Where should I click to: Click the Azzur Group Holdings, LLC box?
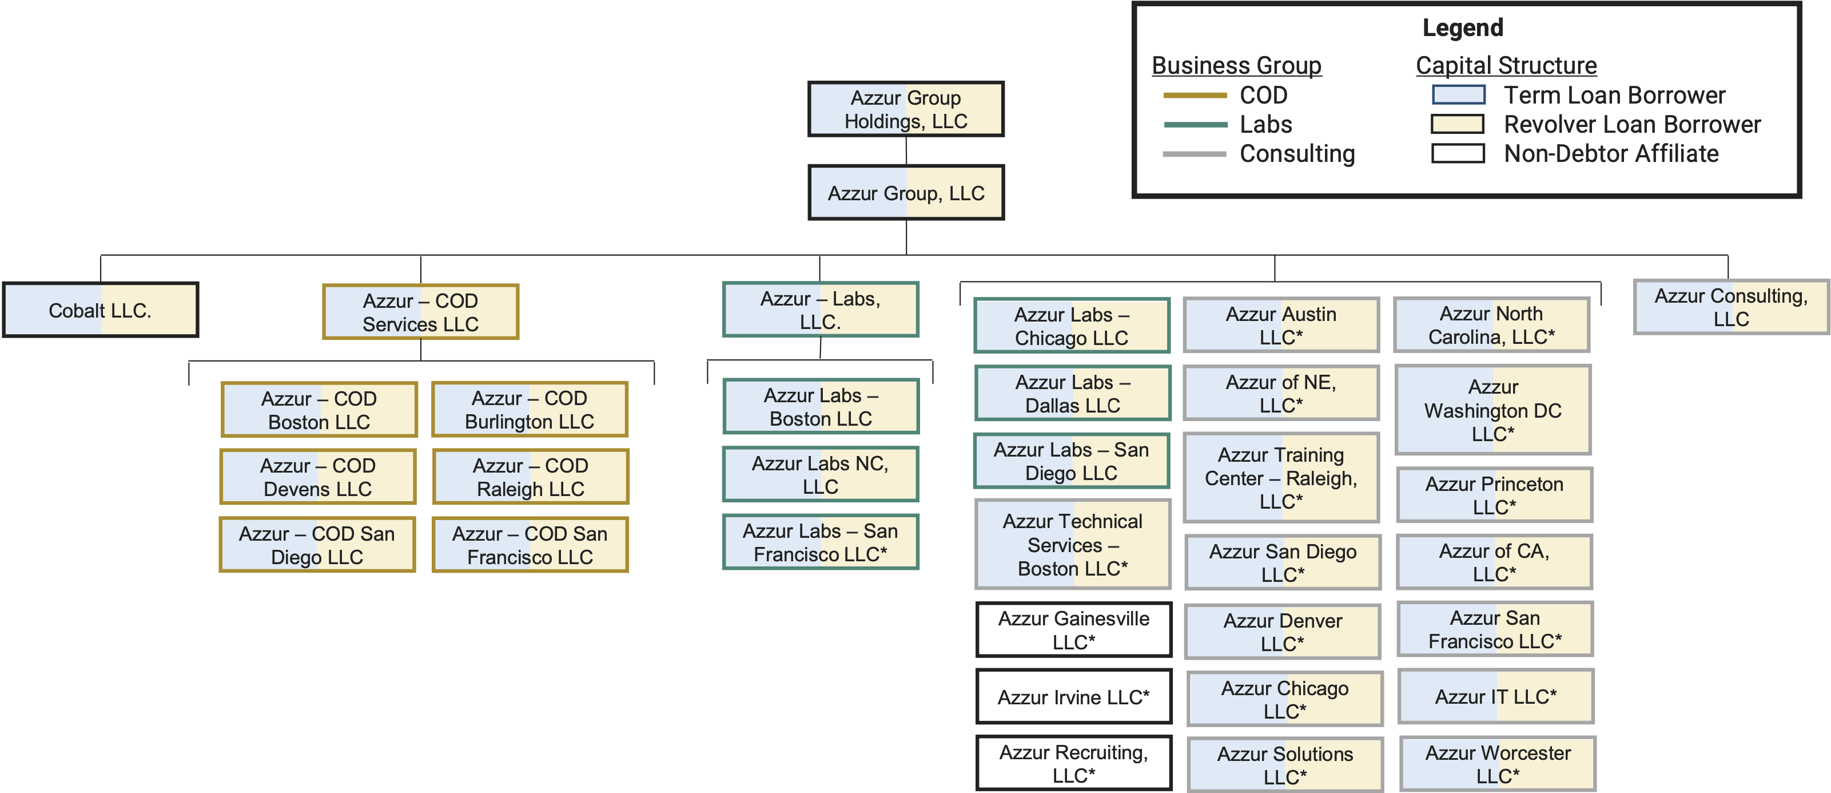(906, 109)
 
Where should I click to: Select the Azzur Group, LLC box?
(906, 193)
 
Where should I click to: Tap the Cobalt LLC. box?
(100, 310)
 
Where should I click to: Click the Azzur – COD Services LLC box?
(420, 311)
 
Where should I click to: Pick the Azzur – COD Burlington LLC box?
(530, 410)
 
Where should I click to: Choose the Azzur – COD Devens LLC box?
(318, 477)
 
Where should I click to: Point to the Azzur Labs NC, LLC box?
(820, 474)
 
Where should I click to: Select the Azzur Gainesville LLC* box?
(1073, 630)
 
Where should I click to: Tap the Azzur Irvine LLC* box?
(1073, 697)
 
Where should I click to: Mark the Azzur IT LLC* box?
(1495, 696)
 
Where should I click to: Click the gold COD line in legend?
(1195, 96)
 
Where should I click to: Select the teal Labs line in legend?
(1195, 125)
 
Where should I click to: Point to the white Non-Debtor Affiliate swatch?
(1458, 153)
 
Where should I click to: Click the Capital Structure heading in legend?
(1506, 65)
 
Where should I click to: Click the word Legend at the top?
(1463, 27)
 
